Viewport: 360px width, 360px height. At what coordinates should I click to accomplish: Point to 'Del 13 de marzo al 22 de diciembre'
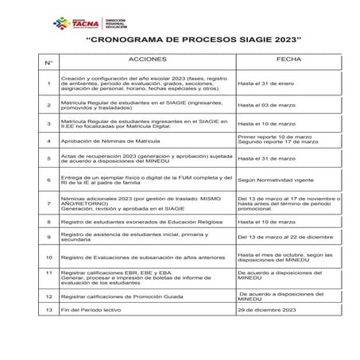click(x=287, y=238)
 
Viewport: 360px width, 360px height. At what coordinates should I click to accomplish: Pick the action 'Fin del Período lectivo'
click(x=95, y=311)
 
